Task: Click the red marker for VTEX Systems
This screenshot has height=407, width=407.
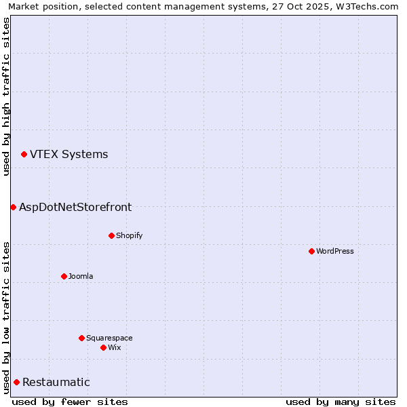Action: tap(24, 155)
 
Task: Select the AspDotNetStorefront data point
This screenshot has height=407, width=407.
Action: tap(13, 207)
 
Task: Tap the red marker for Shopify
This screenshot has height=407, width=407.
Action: tap(111, 235)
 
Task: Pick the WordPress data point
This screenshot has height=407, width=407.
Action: tap(311, 251)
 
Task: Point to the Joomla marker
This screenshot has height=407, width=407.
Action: tap(64, 276)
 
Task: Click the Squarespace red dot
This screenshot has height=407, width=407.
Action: tap(81, 338)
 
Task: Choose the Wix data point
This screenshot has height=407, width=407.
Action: tap(103, 347)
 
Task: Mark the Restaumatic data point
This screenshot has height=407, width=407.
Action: tap(16, 383)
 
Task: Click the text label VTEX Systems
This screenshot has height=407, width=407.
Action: tap(69, 155)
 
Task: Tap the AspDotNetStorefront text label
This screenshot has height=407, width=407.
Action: tap(75, 208)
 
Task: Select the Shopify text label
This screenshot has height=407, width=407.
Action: tap(129, 236)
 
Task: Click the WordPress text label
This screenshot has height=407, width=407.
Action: tap(335, 252)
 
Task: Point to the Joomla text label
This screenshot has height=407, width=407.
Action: tap(81, 277)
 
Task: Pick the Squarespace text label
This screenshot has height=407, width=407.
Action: tap(109, 338)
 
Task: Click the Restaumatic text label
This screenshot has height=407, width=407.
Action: tap(56, 383)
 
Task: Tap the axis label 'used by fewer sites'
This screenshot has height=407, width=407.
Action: tap(70, 402)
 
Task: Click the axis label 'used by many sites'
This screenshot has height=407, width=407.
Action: tap(341, 402)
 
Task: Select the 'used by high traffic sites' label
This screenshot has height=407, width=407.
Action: tap(6, 96)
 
